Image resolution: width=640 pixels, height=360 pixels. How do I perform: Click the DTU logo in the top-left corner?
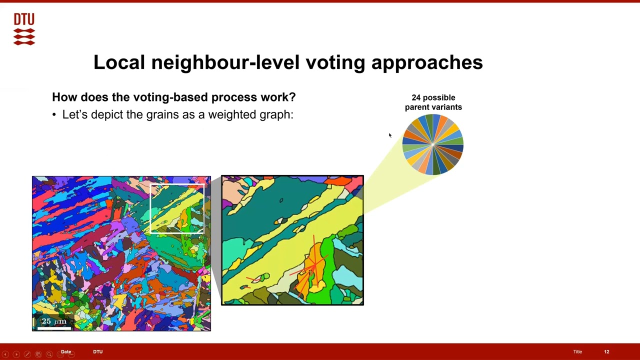(24, 29)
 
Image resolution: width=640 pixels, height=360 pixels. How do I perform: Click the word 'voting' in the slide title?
(336, 62)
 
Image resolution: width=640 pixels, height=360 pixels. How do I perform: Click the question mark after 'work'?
(292, 96)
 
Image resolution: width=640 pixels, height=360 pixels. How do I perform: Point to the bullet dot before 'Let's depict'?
(54, 115)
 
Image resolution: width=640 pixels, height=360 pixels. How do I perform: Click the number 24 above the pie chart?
(416, 97)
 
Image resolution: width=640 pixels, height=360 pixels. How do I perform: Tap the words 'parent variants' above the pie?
(433, 107)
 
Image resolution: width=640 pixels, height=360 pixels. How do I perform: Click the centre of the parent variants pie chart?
(433, 144)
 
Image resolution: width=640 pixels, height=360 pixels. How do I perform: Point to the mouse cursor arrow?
(390, 135)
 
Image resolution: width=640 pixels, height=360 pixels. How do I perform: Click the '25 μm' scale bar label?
(53, 321)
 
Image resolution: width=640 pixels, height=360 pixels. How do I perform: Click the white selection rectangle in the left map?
(177, 185)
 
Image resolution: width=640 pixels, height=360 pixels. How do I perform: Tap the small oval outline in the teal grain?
(281, 200)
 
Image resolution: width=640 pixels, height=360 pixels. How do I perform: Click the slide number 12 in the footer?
(606, 352)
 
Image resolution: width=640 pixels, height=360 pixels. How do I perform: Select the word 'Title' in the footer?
(577, 352)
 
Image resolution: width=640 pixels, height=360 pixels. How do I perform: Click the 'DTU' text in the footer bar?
(97, 352)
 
